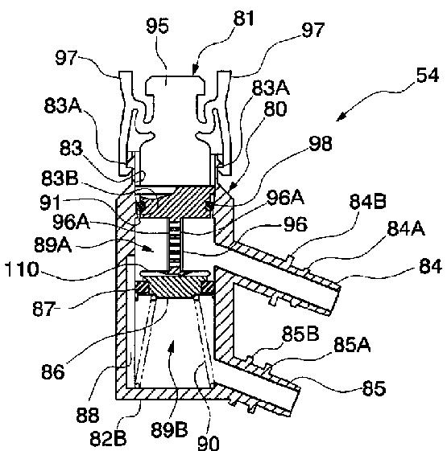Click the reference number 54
click(x=427, y=76)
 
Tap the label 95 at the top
click(x=157, y=26)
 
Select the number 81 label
click(x=243, y=18)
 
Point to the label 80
click(x=275, y=109)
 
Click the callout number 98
click(x=321, y=143)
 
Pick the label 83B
click(x=60, y=178)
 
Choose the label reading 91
click(x=50, y=203)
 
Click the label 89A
click(x=52, y=245)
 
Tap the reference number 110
click(x=22, y=269)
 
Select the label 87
click(x=43, y=309)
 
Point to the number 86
click(x=52, y=371)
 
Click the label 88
click(x=87, y=415)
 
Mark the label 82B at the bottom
click(x=108, y=438)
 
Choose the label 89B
click(x=169, y=429)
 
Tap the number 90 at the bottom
click(x=209, y=443)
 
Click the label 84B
click(x=367, y=201)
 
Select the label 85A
click(x=352, y=344)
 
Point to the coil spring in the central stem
click(x=174, y=244)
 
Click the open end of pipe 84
click(x=336, y=299)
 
